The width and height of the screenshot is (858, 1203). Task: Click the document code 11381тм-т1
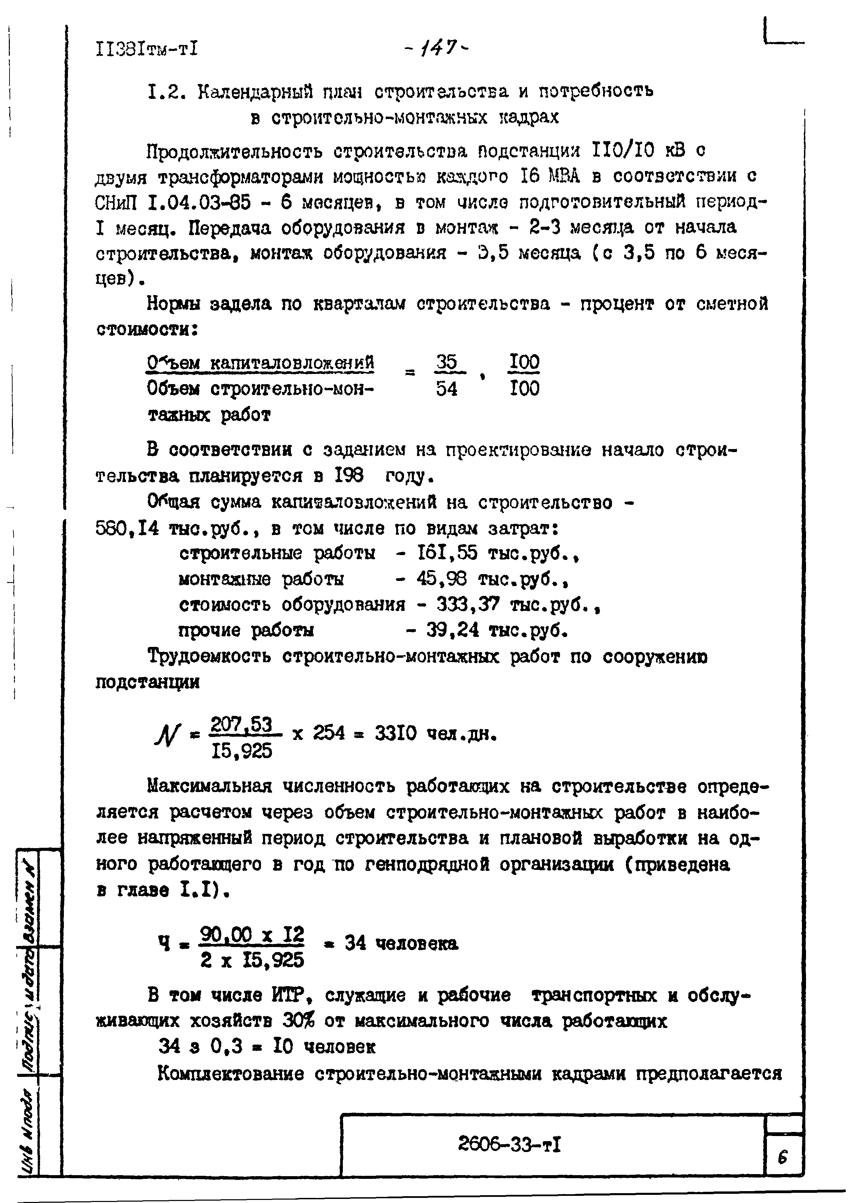[x=146, y=49]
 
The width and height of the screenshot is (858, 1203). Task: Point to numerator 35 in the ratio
[x=447, y=363]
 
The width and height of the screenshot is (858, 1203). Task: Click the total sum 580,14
[x=127, y=528]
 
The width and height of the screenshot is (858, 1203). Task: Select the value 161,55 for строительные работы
[x=447, y=553]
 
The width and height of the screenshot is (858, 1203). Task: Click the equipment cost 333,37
[x=468, y=604]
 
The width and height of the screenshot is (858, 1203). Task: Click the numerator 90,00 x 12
[x=252, y=935]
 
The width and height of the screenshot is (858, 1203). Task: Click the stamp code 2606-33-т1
[x=509, y=1146]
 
